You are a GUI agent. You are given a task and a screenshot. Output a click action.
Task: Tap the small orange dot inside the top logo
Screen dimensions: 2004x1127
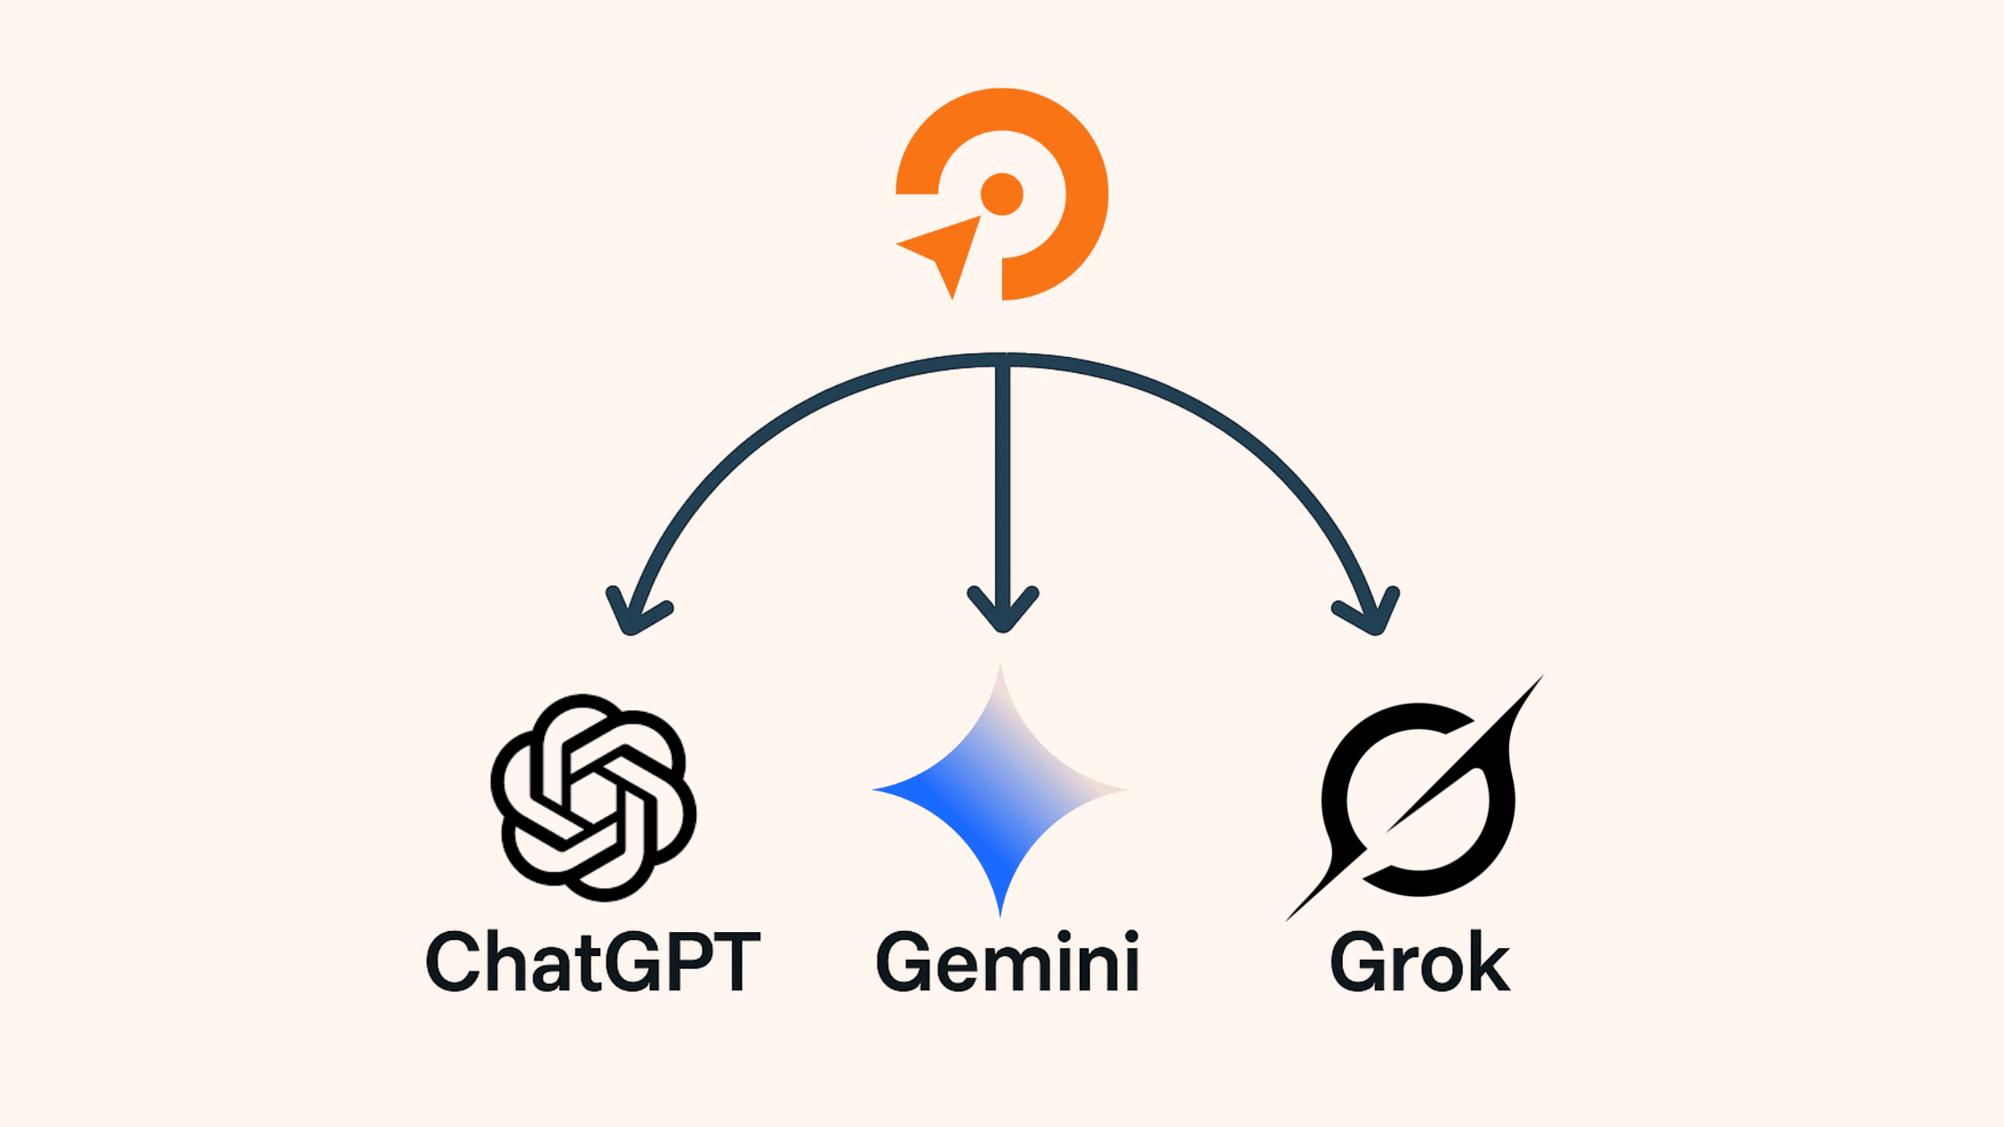point(1002,194)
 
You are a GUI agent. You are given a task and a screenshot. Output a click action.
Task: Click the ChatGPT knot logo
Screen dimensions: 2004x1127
point(593,797)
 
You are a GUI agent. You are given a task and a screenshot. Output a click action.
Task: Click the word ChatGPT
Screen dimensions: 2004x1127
point(593,962)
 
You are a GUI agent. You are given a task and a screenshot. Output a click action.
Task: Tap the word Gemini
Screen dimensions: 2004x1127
point(1007,962)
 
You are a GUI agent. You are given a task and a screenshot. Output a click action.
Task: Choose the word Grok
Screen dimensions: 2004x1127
point(1420,962)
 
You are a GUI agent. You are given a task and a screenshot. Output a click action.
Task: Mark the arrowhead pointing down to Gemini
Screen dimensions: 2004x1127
point(1003,610)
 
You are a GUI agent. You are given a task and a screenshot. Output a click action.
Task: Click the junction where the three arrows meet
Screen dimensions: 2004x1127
point(1003,360)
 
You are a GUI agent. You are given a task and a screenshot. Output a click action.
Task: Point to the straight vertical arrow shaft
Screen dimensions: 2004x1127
point(1003,492)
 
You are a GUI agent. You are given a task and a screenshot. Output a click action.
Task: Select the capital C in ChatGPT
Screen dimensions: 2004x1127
point(454,962)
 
